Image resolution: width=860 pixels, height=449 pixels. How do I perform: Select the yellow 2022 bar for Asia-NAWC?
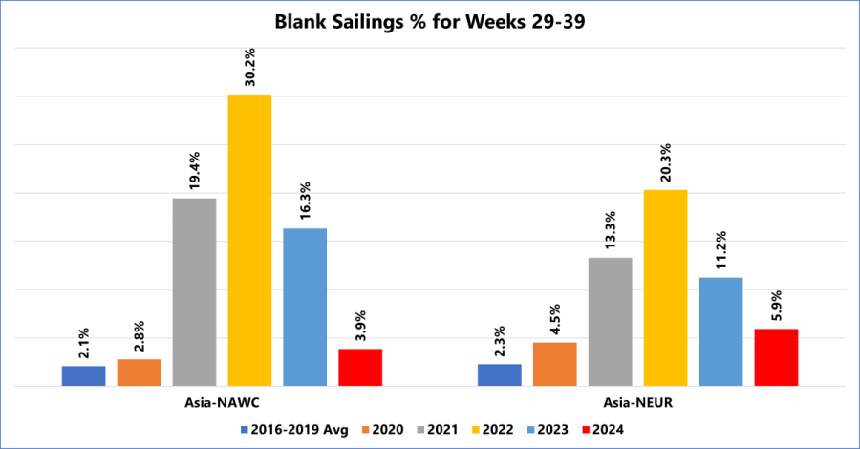[249, 240]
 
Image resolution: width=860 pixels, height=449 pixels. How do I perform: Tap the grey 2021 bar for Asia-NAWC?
[194, 291]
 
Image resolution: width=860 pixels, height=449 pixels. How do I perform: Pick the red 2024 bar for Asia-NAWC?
[360, 367]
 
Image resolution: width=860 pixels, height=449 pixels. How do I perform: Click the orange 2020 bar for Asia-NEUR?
[554, 364]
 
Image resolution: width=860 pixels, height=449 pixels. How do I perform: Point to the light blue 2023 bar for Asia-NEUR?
[720, 331]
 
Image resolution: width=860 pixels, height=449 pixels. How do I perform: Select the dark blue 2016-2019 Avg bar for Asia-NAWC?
[83, 375]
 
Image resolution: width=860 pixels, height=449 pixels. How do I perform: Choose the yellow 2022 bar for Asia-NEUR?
[665, 288]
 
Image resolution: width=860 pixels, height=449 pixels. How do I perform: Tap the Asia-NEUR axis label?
[638, 402]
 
